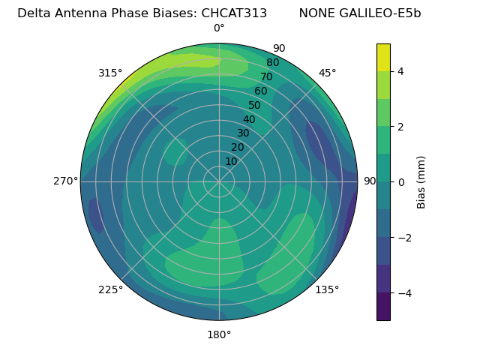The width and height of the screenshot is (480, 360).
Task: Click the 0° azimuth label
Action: tap(219, 28)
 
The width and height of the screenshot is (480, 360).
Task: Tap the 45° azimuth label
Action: tap(327, 73)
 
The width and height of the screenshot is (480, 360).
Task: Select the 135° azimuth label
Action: tap(327, 289)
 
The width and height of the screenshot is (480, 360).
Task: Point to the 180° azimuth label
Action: tap(219, 334)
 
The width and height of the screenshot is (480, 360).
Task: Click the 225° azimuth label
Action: tap(110, 289)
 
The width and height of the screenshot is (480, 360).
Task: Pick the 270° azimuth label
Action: tap(65, 181)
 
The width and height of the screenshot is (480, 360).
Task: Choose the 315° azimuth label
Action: tap(110, 73)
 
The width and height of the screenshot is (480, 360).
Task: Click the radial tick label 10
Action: tap(231, 161)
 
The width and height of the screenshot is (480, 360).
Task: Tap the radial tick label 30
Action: tap(243, 133)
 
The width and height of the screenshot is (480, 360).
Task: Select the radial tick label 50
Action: tap(255, 106)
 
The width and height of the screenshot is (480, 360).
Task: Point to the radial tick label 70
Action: tap(267, 77)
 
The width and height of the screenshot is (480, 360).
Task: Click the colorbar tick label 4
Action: tap(400, 71)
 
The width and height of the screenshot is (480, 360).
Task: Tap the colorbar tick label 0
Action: tap(400, 181)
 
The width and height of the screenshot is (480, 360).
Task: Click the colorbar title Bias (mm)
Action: tap(421, 181)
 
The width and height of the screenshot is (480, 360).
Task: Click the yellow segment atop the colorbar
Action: tap(383, 57)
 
